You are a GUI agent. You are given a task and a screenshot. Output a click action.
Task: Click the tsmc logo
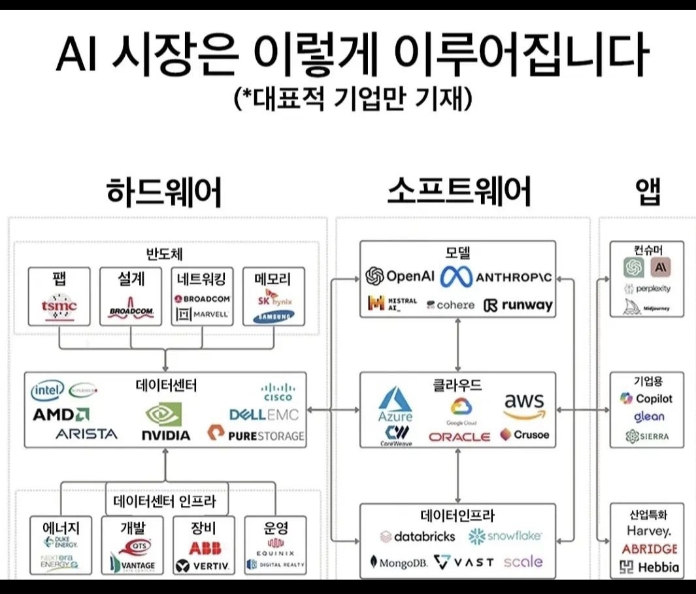59,305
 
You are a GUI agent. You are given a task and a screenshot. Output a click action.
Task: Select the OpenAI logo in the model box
400,276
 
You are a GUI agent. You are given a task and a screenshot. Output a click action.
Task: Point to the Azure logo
396,404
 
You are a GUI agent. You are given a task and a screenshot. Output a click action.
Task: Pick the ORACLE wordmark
459,437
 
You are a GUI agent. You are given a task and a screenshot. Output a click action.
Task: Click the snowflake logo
505,536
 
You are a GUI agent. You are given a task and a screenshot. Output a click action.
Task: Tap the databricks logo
417,536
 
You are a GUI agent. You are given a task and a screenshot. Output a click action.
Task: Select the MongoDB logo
399,562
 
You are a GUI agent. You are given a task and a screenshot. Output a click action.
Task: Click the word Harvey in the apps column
648,531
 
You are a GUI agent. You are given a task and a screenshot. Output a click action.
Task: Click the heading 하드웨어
164,192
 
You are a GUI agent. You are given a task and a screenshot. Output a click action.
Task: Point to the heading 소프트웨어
459,192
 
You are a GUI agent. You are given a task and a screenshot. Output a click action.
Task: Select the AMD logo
61,414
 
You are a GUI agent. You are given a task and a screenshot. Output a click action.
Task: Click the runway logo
518,305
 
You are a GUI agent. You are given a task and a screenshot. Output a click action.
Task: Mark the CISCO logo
278,392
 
